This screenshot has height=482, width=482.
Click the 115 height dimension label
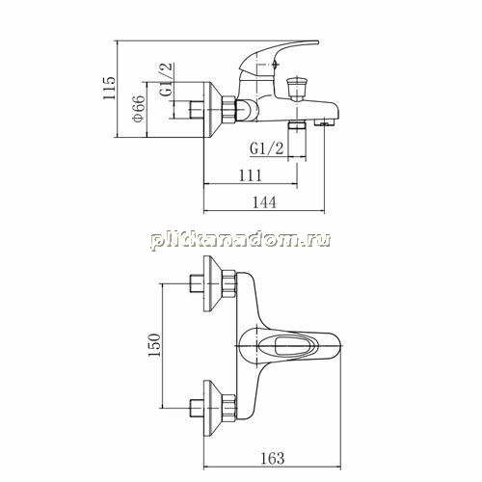(109, 88)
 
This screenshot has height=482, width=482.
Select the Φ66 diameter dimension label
(139, 109)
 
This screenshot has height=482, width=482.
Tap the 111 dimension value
(251, 175)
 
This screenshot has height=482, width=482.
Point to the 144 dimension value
(264, 202)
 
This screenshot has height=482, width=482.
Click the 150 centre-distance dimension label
(154, 345)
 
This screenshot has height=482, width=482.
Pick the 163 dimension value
(273, 458)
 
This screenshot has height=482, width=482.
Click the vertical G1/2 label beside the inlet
(166, 80)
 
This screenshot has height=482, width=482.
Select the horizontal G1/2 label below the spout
(267, 149)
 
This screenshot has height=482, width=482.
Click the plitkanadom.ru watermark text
(240, 240)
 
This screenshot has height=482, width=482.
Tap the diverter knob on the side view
(295, 87)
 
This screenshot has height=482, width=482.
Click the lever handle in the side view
(278, 55)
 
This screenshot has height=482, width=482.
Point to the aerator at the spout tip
(324, 122)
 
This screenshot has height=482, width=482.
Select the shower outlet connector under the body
(297, 125)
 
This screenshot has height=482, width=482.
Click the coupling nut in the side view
(228, 109)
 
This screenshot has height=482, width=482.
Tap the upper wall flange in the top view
(213, 283)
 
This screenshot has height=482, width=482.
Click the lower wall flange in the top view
(213, 408)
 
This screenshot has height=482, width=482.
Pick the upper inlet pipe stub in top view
(197, 283)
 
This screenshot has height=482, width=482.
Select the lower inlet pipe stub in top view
(197, 408)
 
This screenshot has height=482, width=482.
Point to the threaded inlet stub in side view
(197, 110)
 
